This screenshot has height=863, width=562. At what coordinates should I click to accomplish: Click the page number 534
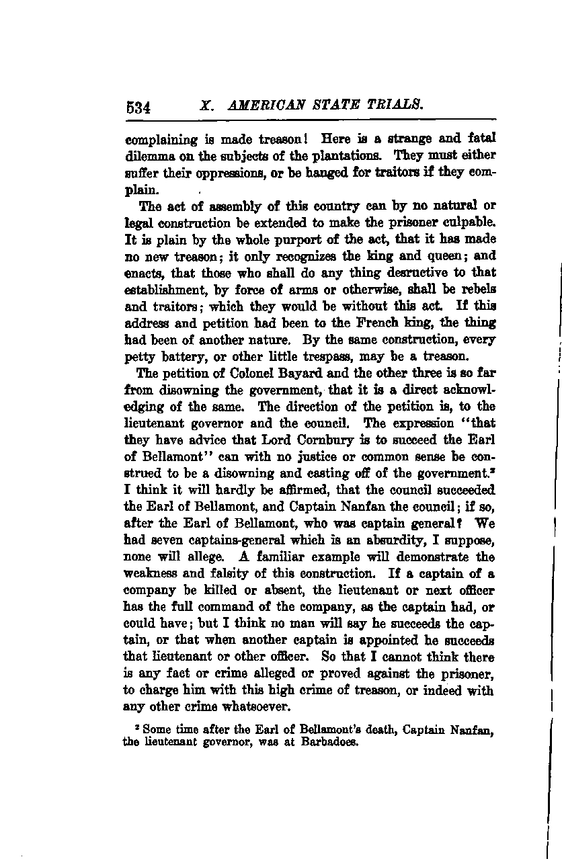pos(140,107)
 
